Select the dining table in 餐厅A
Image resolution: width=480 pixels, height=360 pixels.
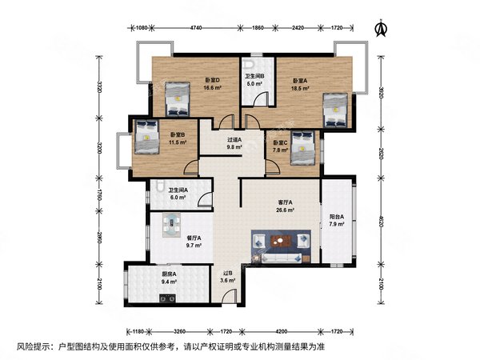pyautogui.click(x=172, y=225)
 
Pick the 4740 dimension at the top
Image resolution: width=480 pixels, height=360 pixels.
pyautogui.click(x=195, y=28)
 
